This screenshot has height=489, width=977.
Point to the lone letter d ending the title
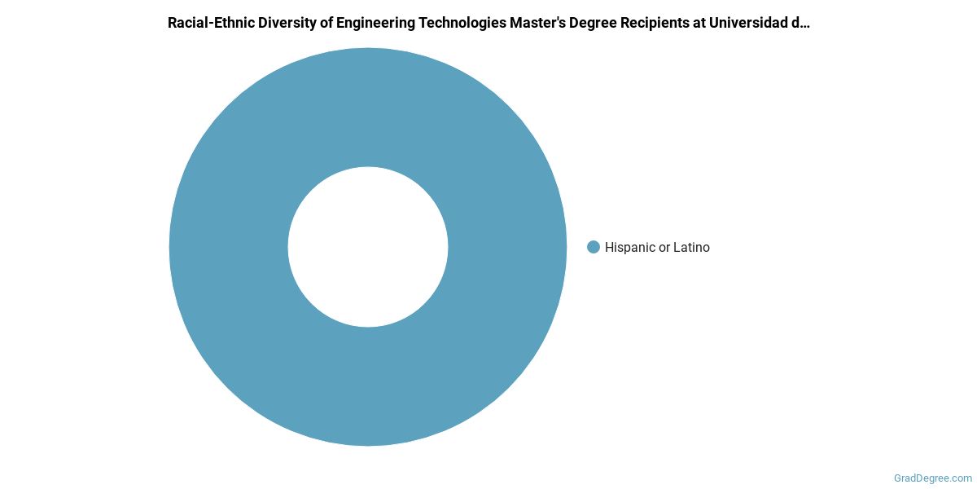(x=795, y=23)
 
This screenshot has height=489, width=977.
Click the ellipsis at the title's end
(x=804, y=24)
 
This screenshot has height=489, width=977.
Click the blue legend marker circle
(x=594, y=247)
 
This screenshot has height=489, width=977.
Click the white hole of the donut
(x=368, y=247)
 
